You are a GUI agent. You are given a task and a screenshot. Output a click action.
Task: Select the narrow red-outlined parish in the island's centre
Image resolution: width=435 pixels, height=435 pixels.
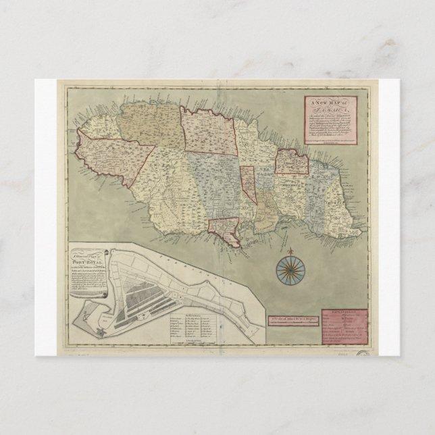coord(248,183)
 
